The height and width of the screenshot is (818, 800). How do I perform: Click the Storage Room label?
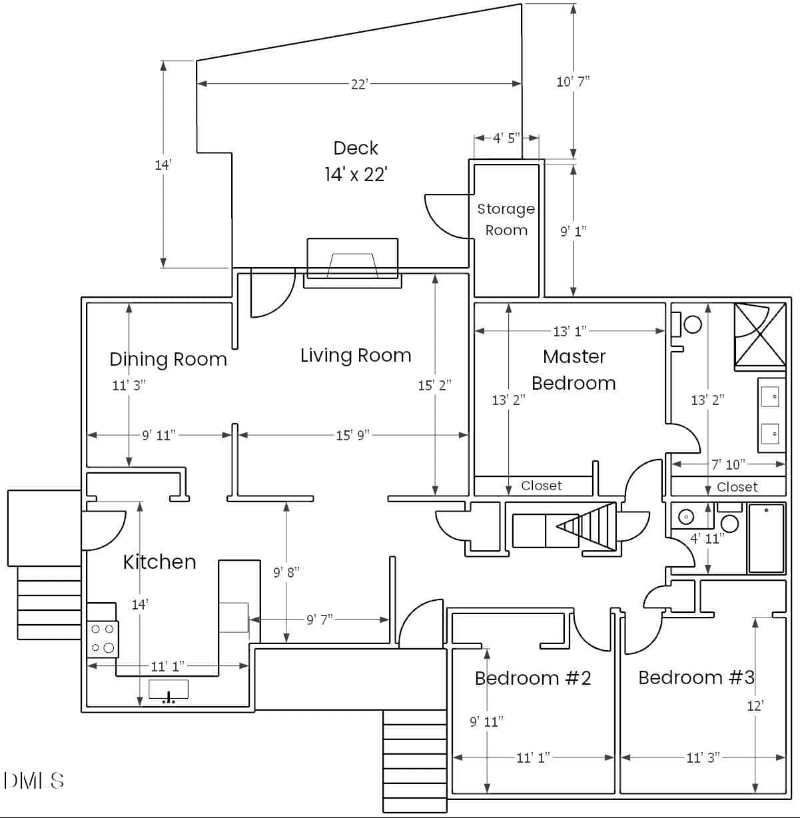[x=506, y=219]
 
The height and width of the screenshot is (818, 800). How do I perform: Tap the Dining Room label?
[x=168, y=360]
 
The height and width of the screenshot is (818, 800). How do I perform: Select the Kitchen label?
[x=160, y=562]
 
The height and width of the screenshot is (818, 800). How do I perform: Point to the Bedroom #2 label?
[x=533, y=678]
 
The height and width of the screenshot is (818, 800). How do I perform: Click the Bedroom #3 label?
[x=697, y=677]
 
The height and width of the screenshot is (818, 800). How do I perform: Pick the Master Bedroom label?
[x=574, y=370]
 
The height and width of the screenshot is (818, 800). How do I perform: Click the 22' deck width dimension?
[x=360, y=84]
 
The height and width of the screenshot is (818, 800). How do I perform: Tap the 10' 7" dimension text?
[x=574, y=81]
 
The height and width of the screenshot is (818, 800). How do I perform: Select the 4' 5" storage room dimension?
[x=506, y=138]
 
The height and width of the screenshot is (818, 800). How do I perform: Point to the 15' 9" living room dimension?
[x=353, y=435]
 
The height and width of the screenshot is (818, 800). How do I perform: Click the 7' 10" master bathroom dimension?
[x=729, y=464]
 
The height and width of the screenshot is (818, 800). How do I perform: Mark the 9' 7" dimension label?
[x=320, y=619]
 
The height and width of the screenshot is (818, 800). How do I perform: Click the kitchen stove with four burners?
[x=103, y=639]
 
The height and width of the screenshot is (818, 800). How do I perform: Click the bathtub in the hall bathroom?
[x=767, y=538]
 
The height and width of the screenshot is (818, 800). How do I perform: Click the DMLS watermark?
[x=33, y=781]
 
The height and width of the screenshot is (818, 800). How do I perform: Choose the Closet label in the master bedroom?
[x=542, y=486]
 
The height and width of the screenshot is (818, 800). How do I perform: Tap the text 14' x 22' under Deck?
[x=356, y=174]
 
